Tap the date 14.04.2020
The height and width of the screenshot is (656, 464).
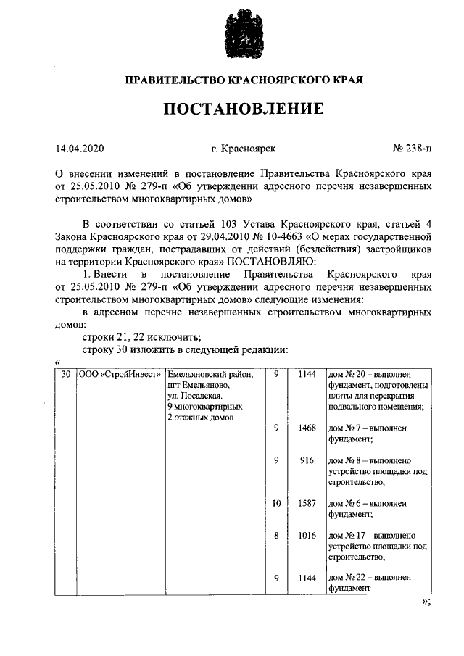click(80, 149)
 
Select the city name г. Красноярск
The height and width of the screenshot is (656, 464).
click(243, 149)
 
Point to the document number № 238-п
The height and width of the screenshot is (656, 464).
click(411, 149)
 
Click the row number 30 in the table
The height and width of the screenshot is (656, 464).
click(66, 375)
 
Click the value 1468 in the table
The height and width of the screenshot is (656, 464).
click(307, 428)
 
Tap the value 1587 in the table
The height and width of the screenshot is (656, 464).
click(307, 502)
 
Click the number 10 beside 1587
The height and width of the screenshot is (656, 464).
click(276, 502)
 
